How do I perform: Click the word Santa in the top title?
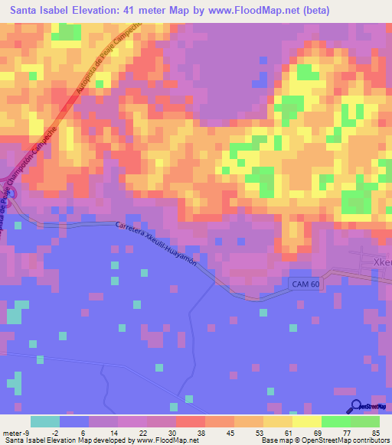tap(26, 11)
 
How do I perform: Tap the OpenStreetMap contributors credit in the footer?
tap(344, 440)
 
